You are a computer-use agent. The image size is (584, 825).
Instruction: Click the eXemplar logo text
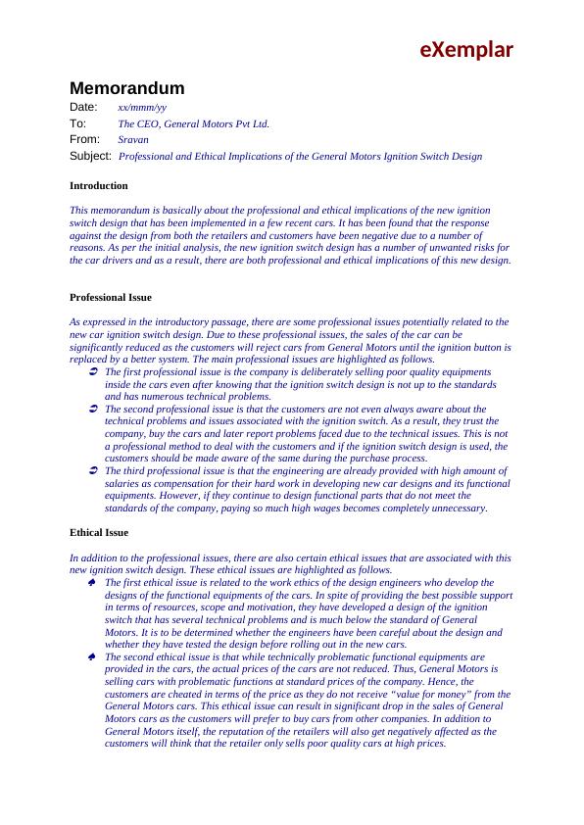point(467,49)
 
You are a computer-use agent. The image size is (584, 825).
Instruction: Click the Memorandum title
point(126,88)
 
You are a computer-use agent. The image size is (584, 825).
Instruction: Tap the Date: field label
point(83,106)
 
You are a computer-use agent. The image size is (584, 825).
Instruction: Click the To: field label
point(78,123)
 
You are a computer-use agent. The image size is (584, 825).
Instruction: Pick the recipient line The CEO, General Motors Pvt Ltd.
point(193,124)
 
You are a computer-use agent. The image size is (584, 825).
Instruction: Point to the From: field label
point(85,140)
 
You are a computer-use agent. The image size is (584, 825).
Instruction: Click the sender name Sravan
point(132,140)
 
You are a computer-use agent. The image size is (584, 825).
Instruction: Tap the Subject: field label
point(90,156)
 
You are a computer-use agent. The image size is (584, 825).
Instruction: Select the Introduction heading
point(98,185)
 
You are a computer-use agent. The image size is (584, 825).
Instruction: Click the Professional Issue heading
point(110,297)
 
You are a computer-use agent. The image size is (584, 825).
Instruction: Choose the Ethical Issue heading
point(99,533)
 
